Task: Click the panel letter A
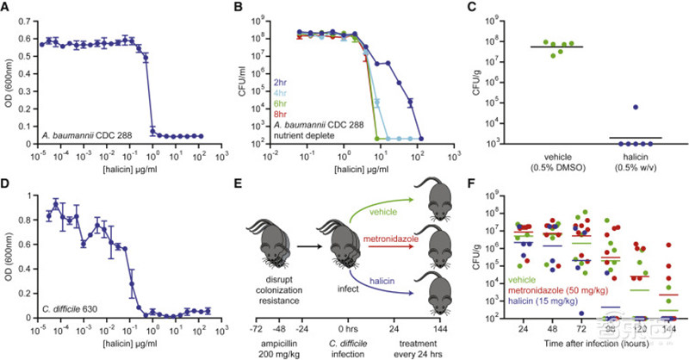(x=7, y=9)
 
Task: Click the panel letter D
(x=7, y=189)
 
